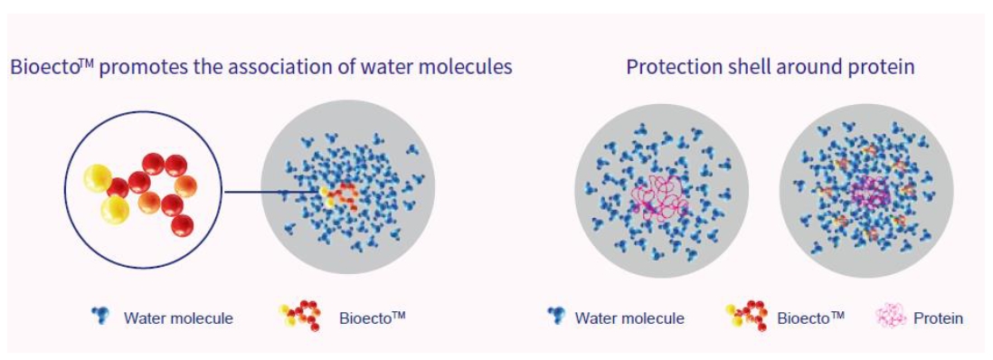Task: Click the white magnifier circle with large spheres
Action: click(143, 190)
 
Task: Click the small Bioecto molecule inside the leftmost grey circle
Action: click(339, 196)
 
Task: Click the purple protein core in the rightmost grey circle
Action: click(869, 193)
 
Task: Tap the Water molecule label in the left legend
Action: click(178, 318)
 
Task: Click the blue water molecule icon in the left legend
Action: click(100, 315)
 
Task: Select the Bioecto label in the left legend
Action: click(372, 317)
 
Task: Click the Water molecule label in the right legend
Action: click(629, 318)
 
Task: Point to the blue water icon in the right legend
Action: click(557, 315)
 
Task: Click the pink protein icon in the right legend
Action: click(890, 316)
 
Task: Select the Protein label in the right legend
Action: click(938, 318)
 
